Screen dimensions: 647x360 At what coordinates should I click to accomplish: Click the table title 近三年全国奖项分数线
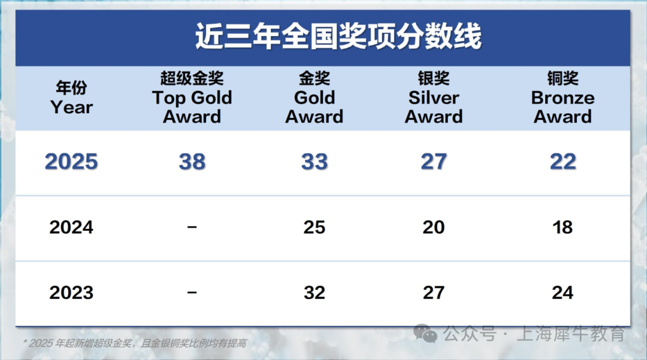pyautogui.click(x=338, y=37)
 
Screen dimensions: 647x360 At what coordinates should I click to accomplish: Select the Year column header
pyautogui.click(x=71, y=97)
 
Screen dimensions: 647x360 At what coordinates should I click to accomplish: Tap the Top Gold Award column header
pyautogui.click(x=192, y=97)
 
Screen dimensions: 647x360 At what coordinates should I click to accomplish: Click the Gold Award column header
pyautogui.click(x=315, y=97)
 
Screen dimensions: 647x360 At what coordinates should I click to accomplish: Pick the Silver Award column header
pyautogui.click(x=434, y=97)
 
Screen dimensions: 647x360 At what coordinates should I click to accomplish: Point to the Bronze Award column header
pyautogui.click(x=563, y=97)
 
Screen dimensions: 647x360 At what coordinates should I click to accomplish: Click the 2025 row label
pyautogui.click(x=71, y=162)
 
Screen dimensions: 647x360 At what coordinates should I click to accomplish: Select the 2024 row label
pyautogui.click(x=71, y=227)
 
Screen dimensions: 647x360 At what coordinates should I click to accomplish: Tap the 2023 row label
pyautogui.click(x=71, y=293)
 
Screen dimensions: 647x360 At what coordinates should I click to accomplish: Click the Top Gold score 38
pyautogui.click(x=192, y=162)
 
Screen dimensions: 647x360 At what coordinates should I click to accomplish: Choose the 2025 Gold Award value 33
pyautogui.click(x=315, y=162)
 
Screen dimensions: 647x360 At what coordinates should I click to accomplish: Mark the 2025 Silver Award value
pyautogui.click(x=434, y=162)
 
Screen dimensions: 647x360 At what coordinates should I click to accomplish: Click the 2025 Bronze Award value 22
pyautogui.click(x=563, y=162)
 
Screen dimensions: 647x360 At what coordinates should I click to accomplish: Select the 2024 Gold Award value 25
pyautogui.click(x=315, y=227)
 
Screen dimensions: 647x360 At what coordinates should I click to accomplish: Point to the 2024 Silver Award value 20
pyautogui.click(x=434, y=227)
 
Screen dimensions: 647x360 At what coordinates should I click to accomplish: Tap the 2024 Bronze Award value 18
pyautogui.click(x=563, y=227)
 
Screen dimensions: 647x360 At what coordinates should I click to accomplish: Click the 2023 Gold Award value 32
pyautogui.click(x=315, y=293)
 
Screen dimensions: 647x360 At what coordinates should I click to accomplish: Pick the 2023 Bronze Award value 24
pyautogui.click(x=563, y=293)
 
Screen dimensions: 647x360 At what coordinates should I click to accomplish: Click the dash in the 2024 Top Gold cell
pyautogui.click(x=192, y=226)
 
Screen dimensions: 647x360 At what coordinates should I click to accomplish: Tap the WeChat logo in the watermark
pyautogui.click(x=425, y=333)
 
